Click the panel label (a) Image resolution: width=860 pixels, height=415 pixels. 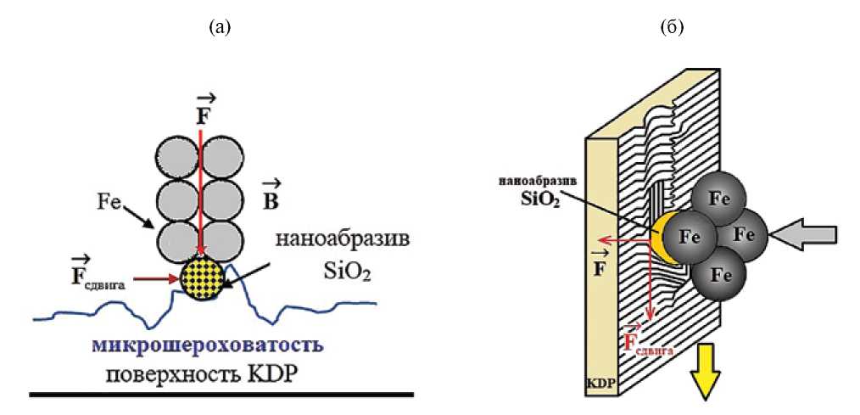coord(220,27)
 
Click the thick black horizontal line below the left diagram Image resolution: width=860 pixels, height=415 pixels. coord(221,394)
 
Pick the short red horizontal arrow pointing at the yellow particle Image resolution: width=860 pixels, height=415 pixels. coord(161,276)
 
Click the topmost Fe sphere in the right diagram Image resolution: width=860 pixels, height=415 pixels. coord(718,199)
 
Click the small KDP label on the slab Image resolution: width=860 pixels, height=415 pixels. coord(600,384)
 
